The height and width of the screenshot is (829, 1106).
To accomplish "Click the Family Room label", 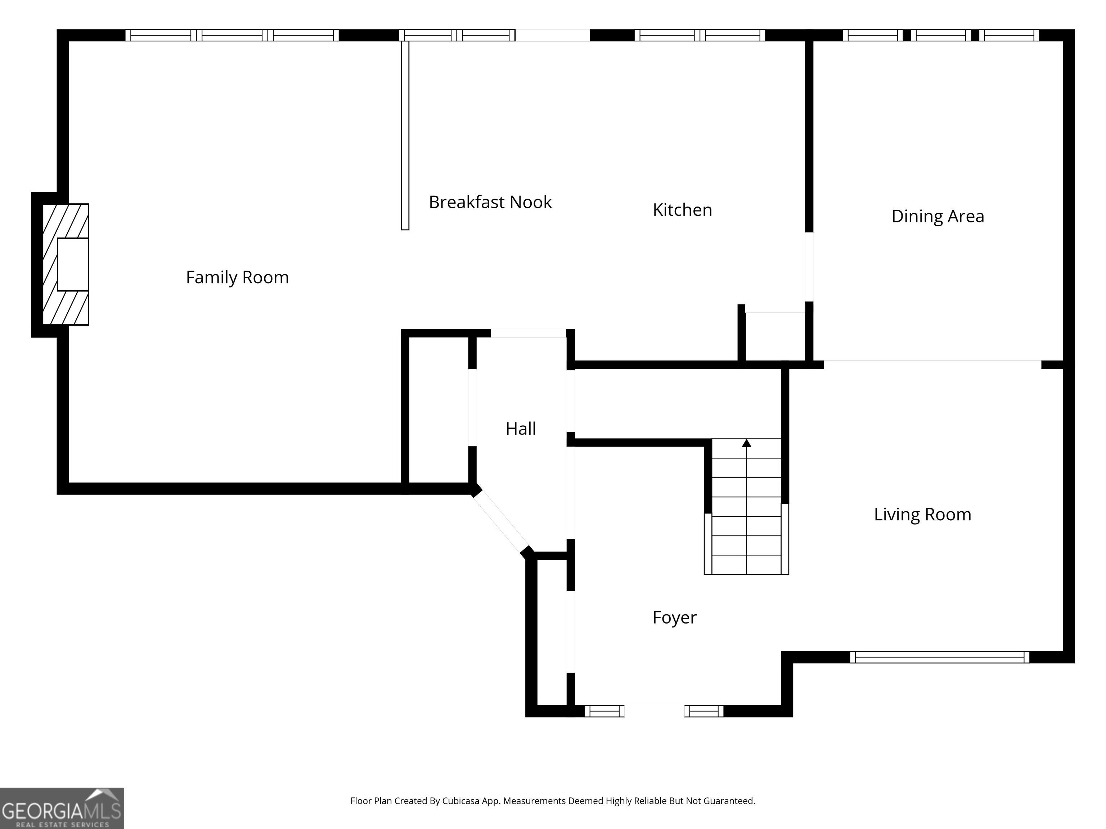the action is pyautogui.click(x=238, y=277).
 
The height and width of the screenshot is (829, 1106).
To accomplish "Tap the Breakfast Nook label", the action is pyautogui.click(x=490, y=202).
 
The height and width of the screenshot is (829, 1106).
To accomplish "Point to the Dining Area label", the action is pyautogui.click(x=938, y=216).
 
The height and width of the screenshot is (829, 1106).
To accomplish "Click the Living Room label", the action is pyautogui.click(x=922, y=515).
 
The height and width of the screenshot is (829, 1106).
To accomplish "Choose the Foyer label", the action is pyautogui.click(x=674, y=618).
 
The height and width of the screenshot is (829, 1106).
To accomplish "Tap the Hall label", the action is pyautogui.click(x=521, y=429).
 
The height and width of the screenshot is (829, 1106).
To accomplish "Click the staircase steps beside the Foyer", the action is pyautogui.click(x=746, y=507).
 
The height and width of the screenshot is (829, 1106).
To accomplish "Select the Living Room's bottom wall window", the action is pyautogui.click(x=940, y=657).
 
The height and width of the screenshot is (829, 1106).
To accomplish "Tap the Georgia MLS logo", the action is pyautogui.click(x=62, y=808).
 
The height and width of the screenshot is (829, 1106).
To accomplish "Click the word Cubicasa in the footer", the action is pyautogui.click(x=460, y=801).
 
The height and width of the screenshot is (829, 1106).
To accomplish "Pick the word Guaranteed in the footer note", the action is pyautogui.click(x=729, y=801).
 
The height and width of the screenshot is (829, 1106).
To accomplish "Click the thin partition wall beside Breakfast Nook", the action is pyautogui.click(x=405, y=135).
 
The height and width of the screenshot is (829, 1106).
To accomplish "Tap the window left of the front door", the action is pyautogui.click(x=604, y=711).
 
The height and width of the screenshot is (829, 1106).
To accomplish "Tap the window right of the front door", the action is pyautogui.click(x=704, y=711).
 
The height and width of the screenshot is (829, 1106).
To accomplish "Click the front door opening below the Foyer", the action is pyautogui.click(x=655, y=711).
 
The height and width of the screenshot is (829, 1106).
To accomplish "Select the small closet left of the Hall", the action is pyautogui.click(x=439, y=410).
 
